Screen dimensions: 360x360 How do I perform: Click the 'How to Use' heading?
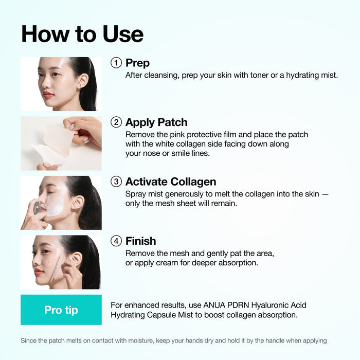(82, 34)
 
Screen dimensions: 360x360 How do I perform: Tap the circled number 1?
(117, 63)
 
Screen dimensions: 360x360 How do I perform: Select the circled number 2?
(117, 122)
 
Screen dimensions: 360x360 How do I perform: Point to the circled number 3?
(117, 182)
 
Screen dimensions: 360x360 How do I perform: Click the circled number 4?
(117, 241)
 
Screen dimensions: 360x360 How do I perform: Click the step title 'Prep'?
(137, 63)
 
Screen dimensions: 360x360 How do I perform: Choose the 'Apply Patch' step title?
(156, 122)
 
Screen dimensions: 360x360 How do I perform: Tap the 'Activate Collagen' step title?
(170, 182)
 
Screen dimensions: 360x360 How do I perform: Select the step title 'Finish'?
(140, 241)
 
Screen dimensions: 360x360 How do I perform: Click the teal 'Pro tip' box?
(61, 310)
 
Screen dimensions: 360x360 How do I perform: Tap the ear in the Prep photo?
(82, 80)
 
